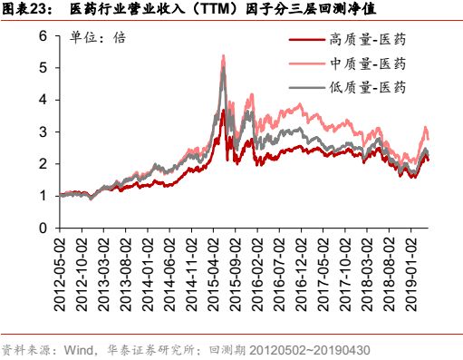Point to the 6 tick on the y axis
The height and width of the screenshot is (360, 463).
(x=42, y=35)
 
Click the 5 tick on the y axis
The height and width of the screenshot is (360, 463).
(x=42, y=67)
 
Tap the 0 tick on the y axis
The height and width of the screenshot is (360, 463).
(x=42, y=228)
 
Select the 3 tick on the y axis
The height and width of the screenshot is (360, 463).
(x=42, y=131)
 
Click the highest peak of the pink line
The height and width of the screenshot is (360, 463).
(x=223, y=56)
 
